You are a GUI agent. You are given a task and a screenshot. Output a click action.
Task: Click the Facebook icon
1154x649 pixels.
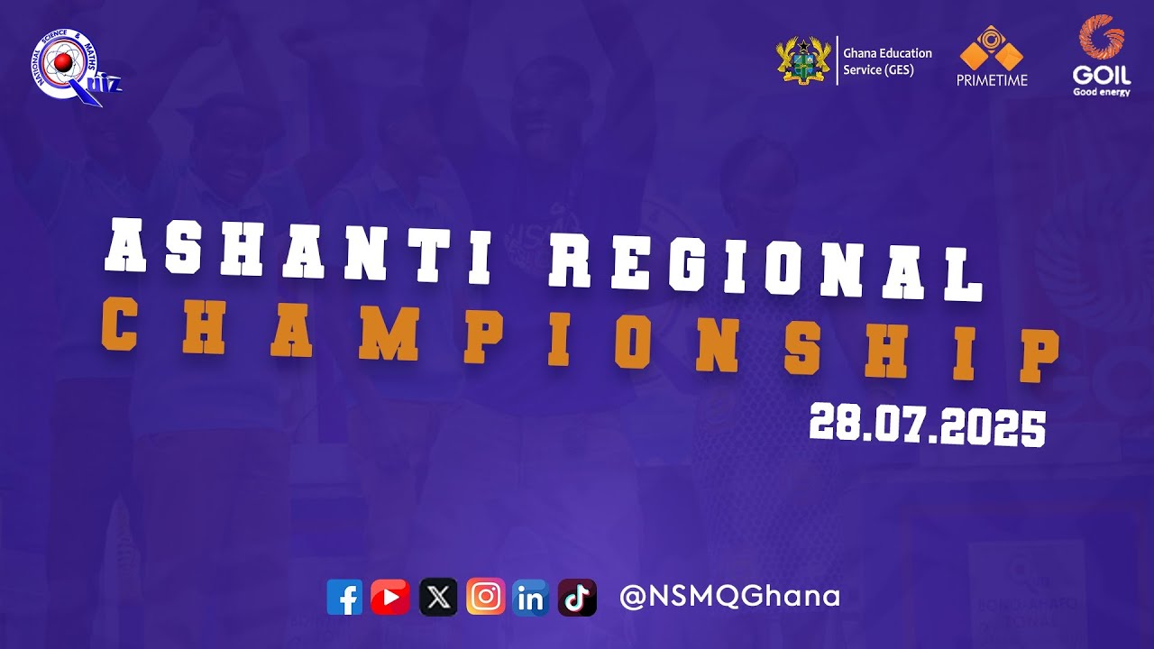coord(344,597)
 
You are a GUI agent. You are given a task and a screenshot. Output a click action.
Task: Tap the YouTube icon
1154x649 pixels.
coord(390,597)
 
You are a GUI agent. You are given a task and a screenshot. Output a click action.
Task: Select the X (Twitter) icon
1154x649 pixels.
coord(438,597)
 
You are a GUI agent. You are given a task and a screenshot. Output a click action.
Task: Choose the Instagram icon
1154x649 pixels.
coord(485,597)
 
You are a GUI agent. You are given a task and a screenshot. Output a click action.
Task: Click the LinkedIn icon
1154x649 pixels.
coord(530,597)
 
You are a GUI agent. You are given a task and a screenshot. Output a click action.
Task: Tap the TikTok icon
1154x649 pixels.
coord(577,597)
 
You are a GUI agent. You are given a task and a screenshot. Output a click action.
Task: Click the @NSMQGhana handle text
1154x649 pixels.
coord(730,596)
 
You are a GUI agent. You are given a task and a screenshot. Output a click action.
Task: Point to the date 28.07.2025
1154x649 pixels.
coord(927,424)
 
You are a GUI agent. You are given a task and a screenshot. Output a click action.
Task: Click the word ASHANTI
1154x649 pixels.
coord(298,247)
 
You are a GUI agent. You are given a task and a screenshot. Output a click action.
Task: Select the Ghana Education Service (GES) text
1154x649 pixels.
coord(887,61)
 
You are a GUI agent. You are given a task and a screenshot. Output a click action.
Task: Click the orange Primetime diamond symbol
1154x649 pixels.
coord(991,48)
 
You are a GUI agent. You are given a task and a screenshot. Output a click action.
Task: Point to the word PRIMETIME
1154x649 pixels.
coord(992,80)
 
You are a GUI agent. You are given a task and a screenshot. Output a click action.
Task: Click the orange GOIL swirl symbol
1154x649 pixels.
coord(1102,38)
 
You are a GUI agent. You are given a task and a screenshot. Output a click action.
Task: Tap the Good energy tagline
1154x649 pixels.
coord(1101,92)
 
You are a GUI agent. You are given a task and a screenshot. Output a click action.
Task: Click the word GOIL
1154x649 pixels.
coord(1102,76)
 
